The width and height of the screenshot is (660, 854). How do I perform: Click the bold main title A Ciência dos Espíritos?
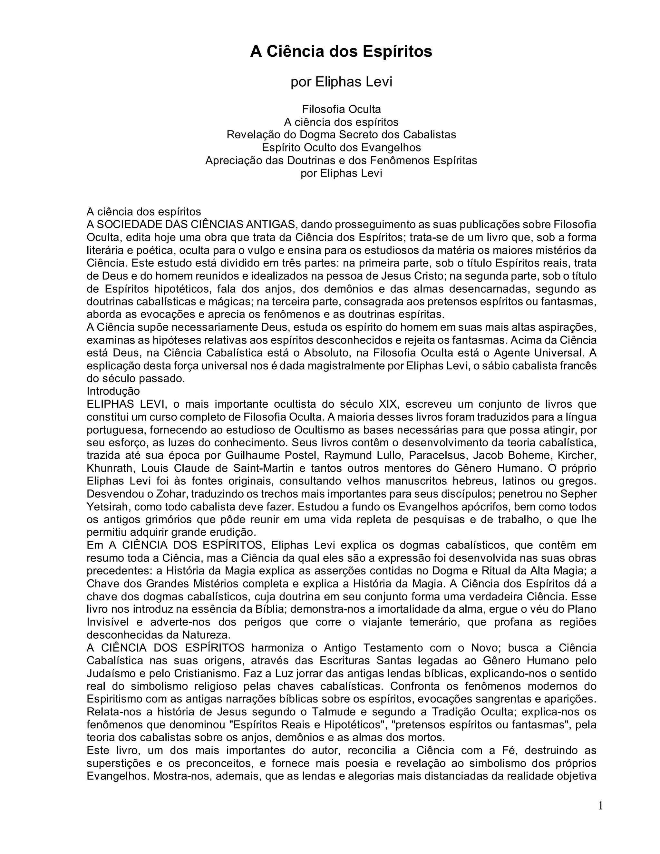click(x=341, y=52)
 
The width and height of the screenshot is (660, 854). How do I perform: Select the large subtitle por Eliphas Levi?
click(x=341, y=82)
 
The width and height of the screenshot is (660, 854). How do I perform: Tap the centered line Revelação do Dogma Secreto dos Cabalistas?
click(x=341, y=134)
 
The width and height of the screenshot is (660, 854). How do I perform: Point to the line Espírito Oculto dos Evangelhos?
click(x=341, y=147)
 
